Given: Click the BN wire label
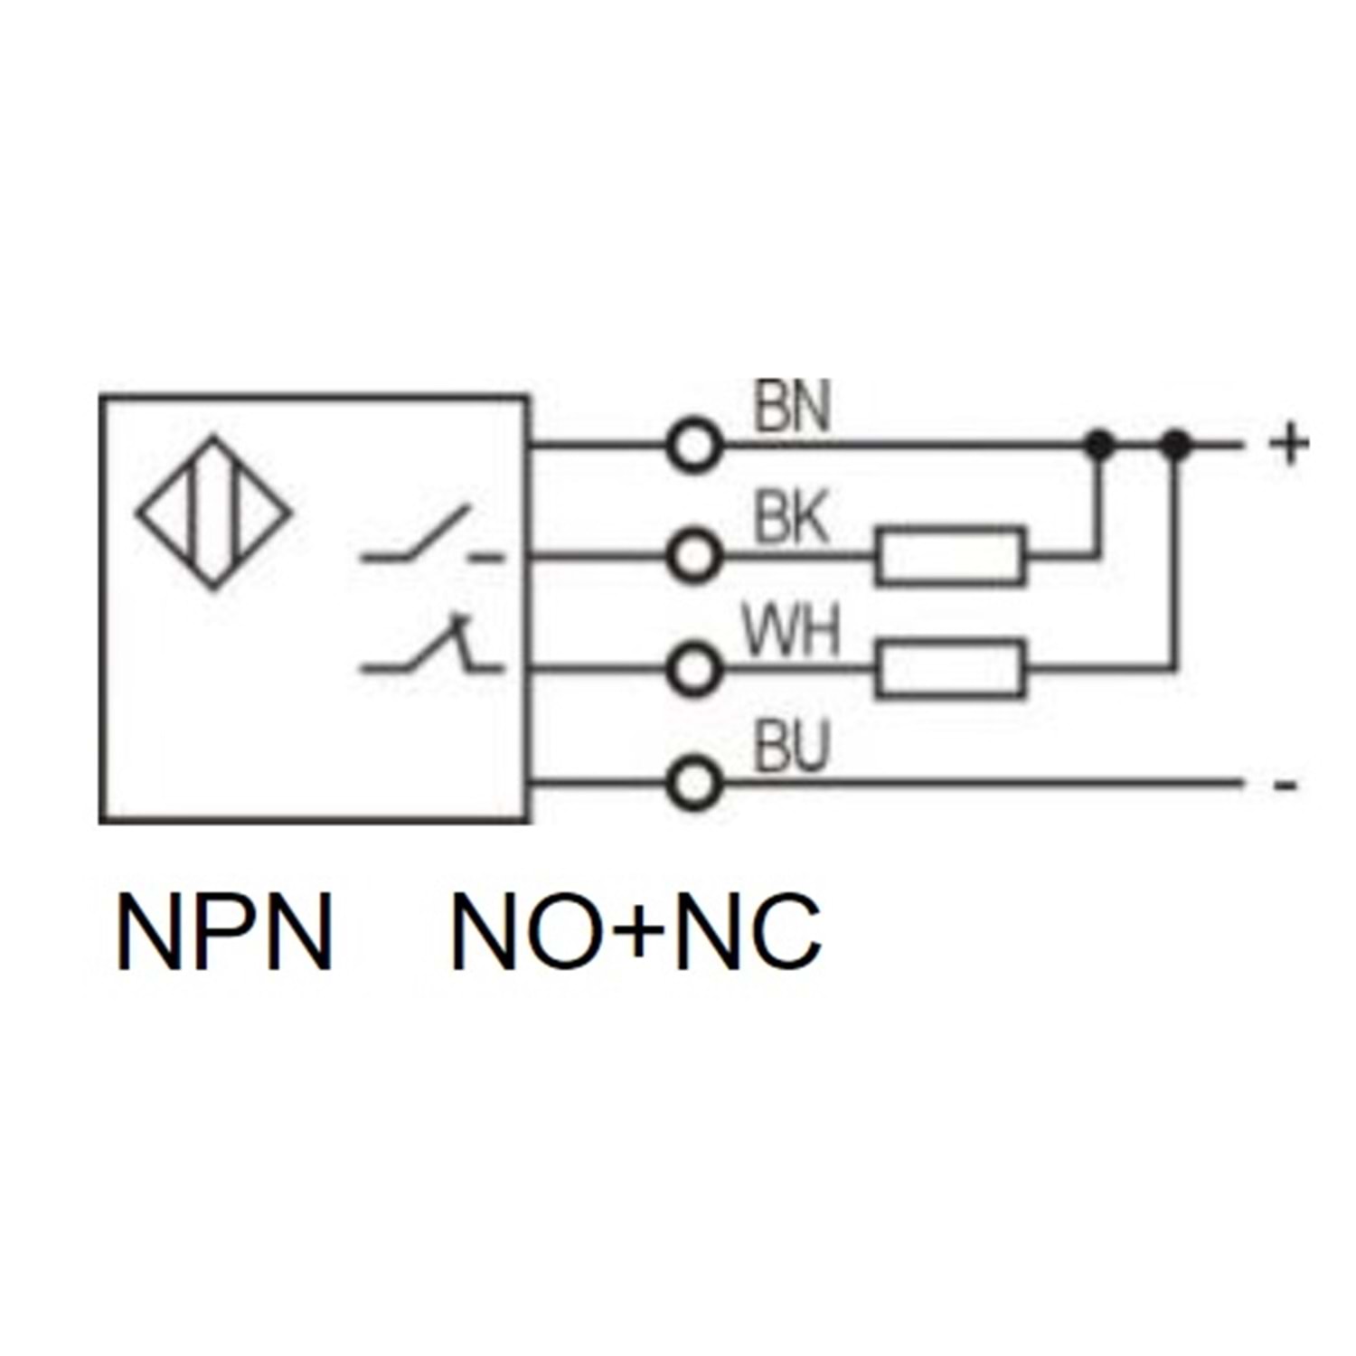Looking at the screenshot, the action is (791, 408).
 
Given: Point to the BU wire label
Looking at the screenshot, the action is (791, 749).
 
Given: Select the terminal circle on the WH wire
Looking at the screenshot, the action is (693, 670).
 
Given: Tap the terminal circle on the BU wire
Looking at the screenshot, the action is (693, 783).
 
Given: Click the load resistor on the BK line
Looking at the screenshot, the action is (951, 555).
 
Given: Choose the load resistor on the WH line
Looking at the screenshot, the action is (951, 669).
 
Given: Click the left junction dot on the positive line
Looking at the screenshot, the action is (1098, 444).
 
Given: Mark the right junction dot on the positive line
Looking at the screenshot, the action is (1175, 444).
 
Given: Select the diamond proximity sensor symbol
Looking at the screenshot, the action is (213, 513).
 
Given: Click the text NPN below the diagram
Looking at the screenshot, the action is (225, 932).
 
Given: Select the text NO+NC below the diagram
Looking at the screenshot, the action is (636, 932).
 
